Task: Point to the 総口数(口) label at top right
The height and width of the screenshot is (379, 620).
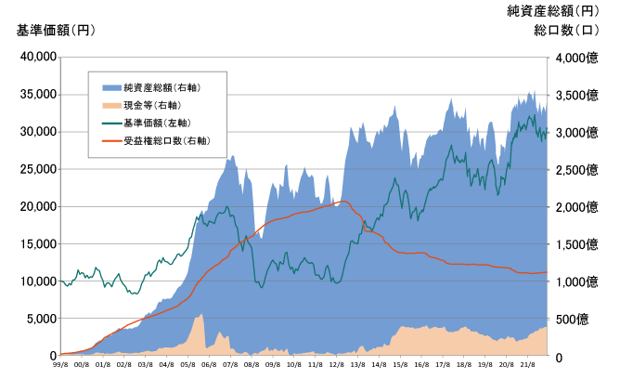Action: [565, 30]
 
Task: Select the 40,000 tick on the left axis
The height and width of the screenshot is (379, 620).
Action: [38, 58]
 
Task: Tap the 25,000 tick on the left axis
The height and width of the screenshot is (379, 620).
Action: [38, 169]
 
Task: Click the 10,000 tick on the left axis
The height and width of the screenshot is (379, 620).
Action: [38, 281]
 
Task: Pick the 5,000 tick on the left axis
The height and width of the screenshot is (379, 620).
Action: [41, 319]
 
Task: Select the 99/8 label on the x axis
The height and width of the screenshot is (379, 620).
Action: [60, 366]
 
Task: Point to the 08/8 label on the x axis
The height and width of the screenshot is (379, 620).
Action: [251, 366]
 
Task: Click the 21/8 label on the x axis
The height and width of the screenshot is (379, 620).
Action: [526, 366]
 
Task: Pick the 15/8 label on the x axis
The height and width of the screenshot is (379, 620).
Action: [400, 366]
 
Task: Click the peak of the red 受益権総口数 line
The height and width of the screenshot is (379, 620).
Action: [342, 202]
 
